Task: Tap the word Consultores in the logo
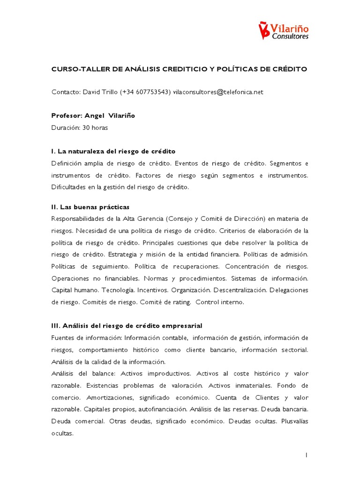[291, 37]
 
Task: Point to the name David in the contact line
[92, 92]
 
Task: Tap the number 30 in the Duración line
[86, 127]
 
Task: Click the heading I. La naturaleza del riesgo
[113, 151]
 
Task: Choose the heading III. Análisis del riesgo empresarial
[127, 326]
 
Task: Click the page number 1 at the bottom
[306, 455]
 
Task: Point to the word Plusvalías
[294, 421]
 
